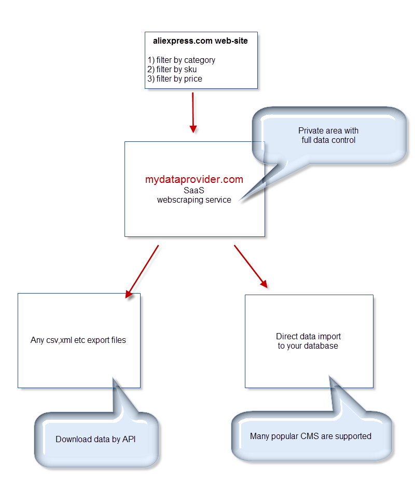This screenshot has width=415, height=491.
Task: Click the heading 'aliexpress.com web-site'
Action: point(200,41)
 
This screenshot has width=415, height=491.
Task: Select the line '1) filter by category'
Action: point(182,60)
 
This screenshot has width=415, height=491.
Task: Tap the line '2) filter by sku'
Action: point(172,70)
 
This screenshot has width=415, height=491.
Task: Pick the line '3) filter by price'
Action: point(175,79)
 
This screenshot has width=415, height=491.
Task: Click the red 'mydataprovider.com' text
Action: point(194,179)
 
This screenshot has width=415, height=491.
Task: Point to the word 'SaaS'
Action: point(194,190)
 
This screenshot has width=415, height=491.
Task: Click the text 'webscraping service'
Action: point(194,200)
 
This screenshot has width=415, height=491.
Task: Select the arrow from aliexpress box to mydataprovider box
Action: point(193,113)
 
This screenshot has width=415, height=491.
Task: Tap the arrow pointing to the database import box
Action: point(251,267)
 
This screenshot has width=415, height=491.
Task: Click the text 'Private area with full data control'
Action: point(328,135)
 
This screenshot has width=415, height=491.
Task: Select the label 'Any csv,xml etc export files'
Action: point(78,340)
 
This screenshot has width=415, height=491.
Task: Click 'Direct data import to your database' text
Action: point(308,341)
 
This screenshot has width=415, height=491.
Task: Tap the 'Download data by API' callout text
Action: point(95,440)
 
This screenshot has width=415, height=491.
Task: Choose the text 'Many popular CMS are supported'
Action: point(311,436)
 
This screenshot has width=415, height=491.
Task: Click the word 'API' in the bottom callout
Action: point(129,440)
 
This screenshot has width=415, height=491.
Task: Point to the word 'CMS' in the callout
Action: point(310,436)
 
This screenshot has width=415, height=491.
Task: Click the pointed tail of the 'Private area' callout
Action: point(240,201)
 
